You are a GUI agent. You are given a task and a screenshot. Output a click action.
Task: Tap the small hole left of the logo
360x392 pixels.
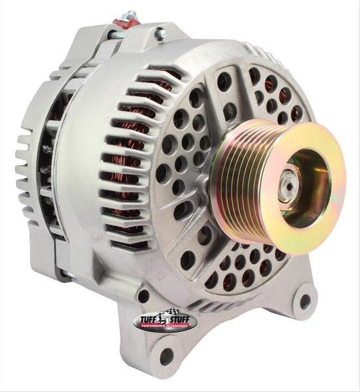pyautogui.click(x=144, y=296)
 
